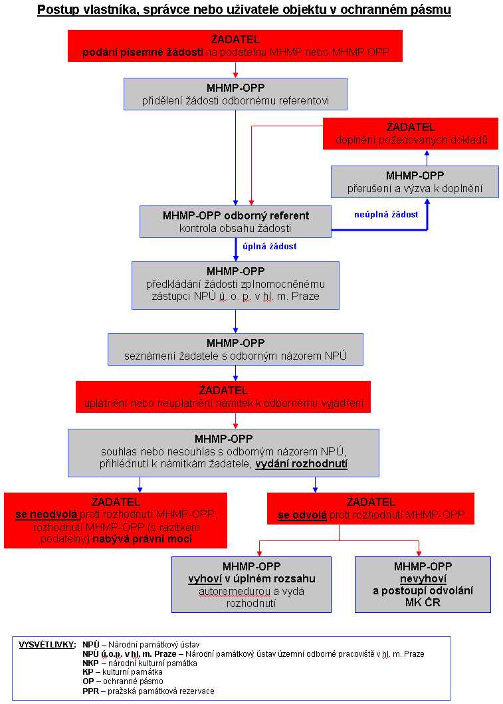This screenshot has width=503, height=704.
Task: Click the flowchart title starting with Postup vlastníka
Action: click(x=244, y=10)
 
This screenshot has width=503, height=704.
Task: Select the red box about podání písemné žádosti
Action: click(x=235, y=46)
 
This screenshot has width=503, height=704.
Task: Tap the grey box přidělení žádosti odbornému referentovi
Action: click(x=236, y=94)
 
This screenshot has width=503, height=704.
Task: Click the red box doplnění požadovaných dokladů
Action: click(x=411, y=134)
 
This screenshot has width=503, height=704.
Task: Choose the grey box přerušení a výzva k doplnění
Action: click(x=415, y=182)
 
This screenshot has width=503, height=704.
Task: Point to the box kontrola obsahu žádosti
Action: click(x=236, y=222)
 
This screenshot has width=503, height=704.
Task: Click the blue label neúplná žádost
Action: click(x=386, y=215)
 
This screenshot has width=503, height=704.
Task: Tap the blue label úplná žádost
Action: click(x=270, y=247)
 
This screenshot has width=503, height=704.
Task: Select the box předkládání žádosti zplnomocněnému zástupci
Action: click(x=236, y=286)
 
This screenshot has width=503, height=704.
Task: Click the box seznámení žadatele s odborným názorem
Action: click(x=236, y=349)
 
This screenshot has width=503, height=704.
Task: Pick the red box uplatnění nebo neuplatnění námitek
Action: click(x=223, y=397)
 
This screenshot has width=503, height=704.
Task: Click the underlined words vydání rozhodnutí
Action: click(x=302, y=464)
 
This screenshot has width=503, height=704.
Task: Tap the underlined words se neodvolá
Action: click(x=47, y=515)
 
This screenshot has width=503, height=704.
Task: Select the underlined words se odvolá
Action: click(x=302, y=515)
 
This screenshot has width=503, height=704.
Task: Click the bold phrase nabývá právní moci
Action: click(x=142, y=538)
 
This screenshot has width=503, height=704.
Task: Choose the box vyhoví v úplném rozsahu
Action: click(x=251, y=584)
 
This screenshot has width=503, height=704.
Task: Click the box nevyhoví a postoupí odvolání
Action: click(x=423, y=584)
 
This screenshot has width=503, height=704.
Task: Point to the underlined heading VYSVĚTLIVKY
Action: click(x=47, y=645)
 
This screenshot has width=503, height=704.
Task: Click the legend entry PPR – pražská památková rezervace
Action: click(x=149, y=691)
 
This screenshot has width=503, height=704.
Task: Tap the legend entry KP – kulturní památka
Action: click(x=122, y=672)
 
